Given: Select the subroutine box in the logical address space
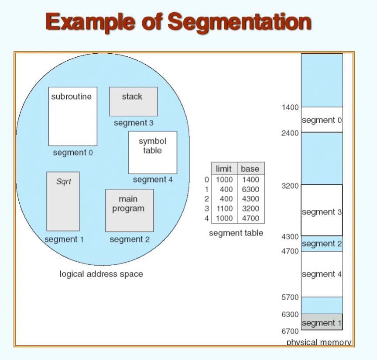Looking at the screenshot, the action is pos(73,117).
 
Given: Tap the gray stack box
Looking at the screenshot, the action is pos(134,102).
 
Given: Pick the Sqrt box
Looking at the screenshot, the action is pos(63,201).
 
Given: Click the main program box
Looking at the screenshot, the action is pos(129,211).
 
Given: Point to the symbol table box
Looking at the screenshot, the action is pos(153,152).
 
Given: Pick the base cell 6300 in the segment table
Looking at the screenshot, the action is pos(250,189).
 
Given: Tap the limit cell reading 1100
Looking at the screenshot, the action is pos(225,208).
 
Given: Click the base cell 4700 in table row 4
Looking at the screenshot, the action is pos(250,218).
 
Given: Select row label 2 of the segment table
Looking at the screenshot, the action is pos(206,199).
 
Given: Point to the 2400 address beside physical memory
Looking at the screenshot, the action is pos(290,133).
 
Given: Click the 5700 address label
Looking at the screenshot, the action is pos(290,298).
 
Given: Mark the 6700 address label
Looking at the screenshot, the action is pos(290,331).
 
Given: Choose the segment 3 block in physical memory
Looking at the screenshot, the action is pos(322,210).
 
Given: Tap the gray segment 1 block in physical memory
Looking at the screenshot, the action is pos(322,322).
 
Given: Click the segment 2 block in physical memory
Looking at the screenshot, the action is pos(322,244).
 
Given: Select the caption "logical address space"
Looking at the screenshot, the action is pos(101,274).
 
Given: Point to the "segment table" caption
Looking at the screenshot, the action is pos(236,233).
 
